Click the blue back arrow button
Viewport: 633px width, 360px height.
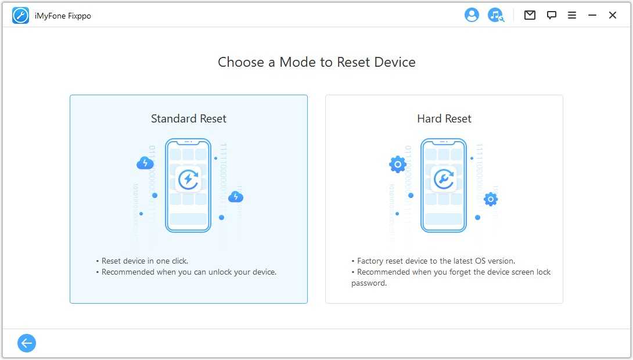(27, 343)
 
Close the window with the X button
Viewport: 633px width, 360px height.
(613, 15)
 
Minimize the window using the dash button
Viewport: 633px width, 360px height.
(592, 15)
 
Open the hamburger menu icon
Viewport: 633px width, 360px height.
(572, 15)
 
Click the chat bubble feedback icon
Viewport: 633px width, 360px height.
(552, 15)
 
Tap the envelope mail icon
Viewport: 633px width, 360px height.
(530, 15)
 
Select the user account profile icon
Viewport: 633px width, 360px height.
(472, 15)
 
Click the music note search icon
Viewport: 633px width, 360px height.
(496, 15)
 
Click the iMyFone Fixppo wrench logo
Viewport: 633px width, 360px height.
(20, 16)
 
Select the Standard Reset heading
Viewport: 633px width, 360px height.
(189, 118)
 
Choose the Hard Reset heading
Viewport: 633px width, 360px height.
(444, 118)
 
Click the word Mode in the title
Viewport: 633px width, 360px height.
(297, 62)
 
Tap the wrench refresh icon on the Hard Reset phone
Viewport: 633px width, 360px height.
(444, 179)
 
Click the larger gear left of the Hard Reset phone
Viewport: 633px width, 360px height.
(398, 164)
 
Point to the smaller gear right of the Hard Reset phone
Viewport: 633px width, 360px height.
(491, 199)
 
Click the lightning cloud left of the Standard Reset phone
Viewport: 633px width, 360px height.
(145, 163)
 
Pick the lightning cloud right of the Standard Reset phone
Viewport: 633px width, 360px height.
(236, 197)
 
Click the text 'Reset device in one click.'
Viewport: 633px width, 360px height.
(145, 261)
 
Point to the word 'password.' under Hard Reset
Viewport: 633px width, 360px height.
(369, 283)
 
